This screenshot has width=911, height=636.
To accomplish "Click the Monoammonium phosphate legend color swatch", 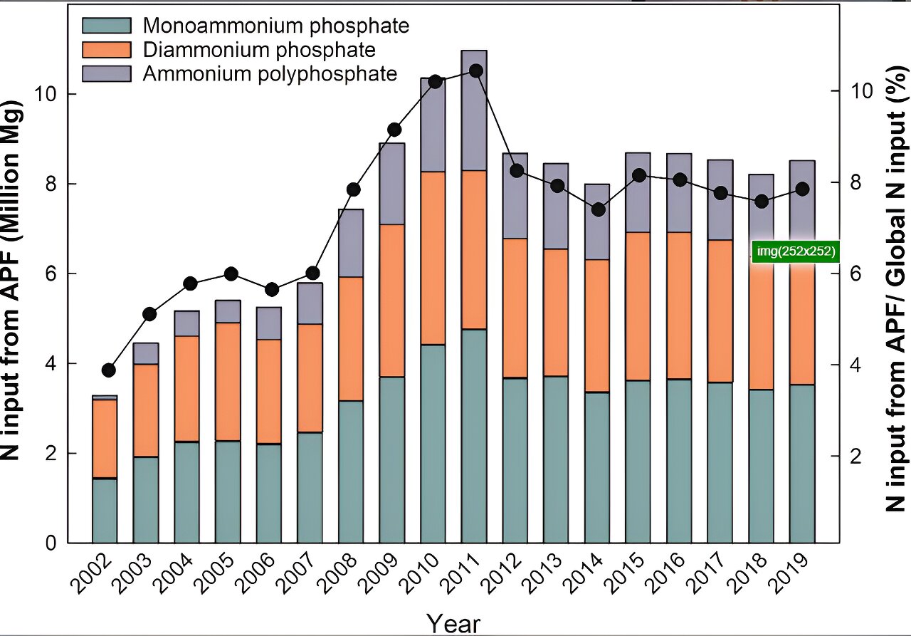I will pos(107,26).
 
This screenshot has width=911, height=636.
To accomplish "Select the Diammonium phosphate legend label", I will pos(259,49).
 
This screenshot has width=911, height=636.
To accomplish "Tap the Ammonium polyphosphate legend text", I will pos(270,73).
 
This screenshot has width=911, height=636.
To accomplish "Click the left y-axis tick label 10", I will pos(46,94).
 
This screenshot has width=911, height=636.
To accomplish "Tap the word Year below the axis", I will pos(453,624).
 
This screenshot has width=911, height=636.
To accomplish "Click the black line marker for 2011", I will pos(476,71).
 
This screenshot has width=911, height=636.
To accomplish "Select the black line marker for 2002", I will pos(108,370).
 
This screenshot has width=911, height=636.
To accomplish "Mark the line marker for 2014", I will pos(598,209).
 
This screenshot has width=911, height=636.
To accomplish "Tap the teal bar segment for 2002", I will pos(105,510).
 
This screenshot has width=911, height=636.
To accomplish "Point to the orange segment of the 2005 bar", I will pos(228,382).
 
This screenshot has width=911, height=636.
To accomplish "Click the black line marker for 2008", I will pos(354,189).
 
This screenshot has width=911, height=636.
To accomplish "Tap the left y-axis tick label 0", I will pos(51,544).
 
